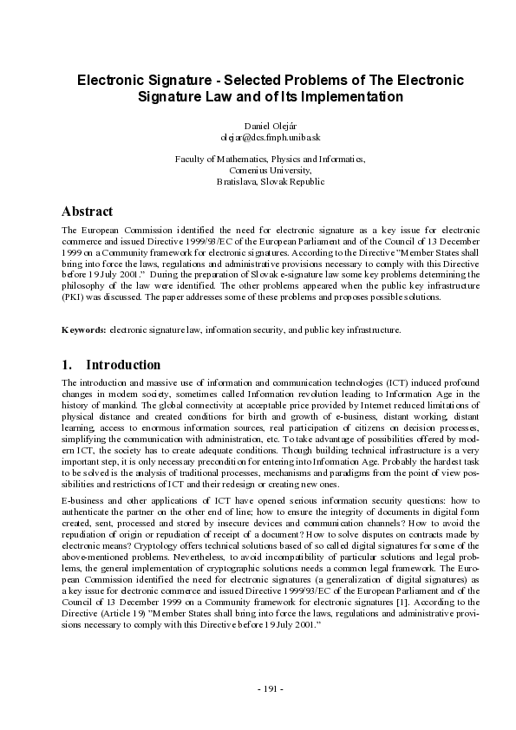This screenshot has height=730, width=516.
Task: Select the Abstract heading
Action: (x=87, y=212)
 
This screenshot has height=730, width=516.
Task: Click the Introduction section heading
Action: (x=124, y=365)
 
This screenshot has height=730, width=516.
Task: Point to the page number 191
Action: (x=258, y=689)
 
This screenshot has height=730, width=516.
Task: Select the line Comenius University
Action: (x=258, y=171)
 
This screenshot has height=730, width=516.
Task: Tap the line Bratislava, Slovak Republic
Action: (x=258, y=182)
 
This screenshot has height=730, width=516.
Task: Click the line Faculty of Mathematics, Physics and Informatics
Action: (x=258, y=160)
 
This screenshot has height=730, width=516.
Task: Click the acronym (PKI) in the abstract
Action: (x=75, y=297)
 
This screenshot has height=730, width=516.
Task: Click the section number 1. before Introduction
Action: (x=68, y=365)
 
